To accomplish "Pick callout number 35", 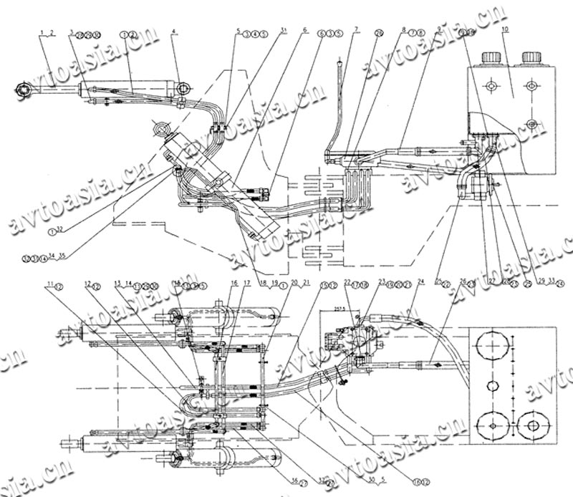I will [62, 255].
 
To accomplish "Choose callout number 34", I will [52, 255].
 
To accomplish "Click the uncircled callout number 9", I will [438, 29].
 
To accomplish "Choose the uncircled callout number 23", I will [382, 281].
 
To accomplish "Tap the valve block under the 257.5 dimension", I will [351, 337].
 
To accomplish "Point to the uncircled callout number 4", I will [174, 32].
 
